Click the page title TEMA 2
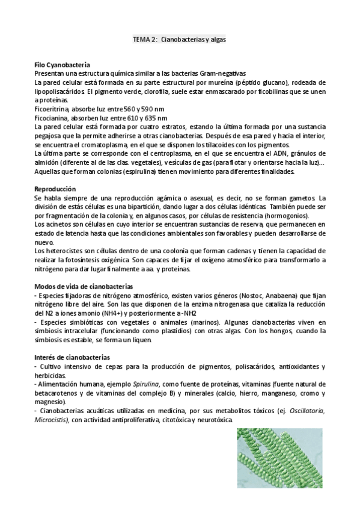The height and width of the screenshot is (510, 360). (180, 38)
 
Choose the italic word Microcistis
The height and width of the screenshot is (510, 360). (52, 419)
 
